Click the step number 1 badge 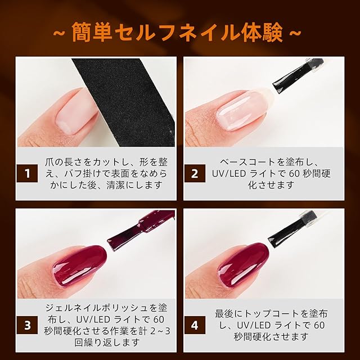(x=28, y=173)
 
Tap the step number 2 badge (x=195, y=173)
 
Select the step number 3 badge (x=28, y=325)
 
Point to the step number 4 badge (x=195, y=325)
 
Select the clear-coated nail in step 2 (x=242, y=111)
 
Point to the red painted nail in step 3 (x=79, y=266)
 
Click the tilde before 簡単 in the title (x=60, y=33)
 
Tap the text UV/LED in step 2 (x=226, y=174)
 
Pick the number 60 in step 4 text (x=319, y=325)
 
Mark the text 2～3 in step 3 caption (x=161, y=331)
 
